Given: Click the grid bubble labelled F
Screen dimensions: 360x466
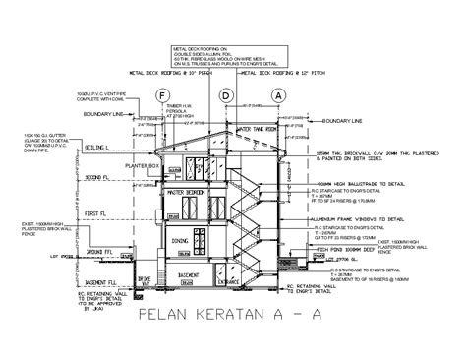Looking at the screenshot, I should (x=161, y=95).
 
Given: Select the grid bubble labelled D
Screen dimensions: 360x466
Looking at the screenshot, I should (x=226, y=95).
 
